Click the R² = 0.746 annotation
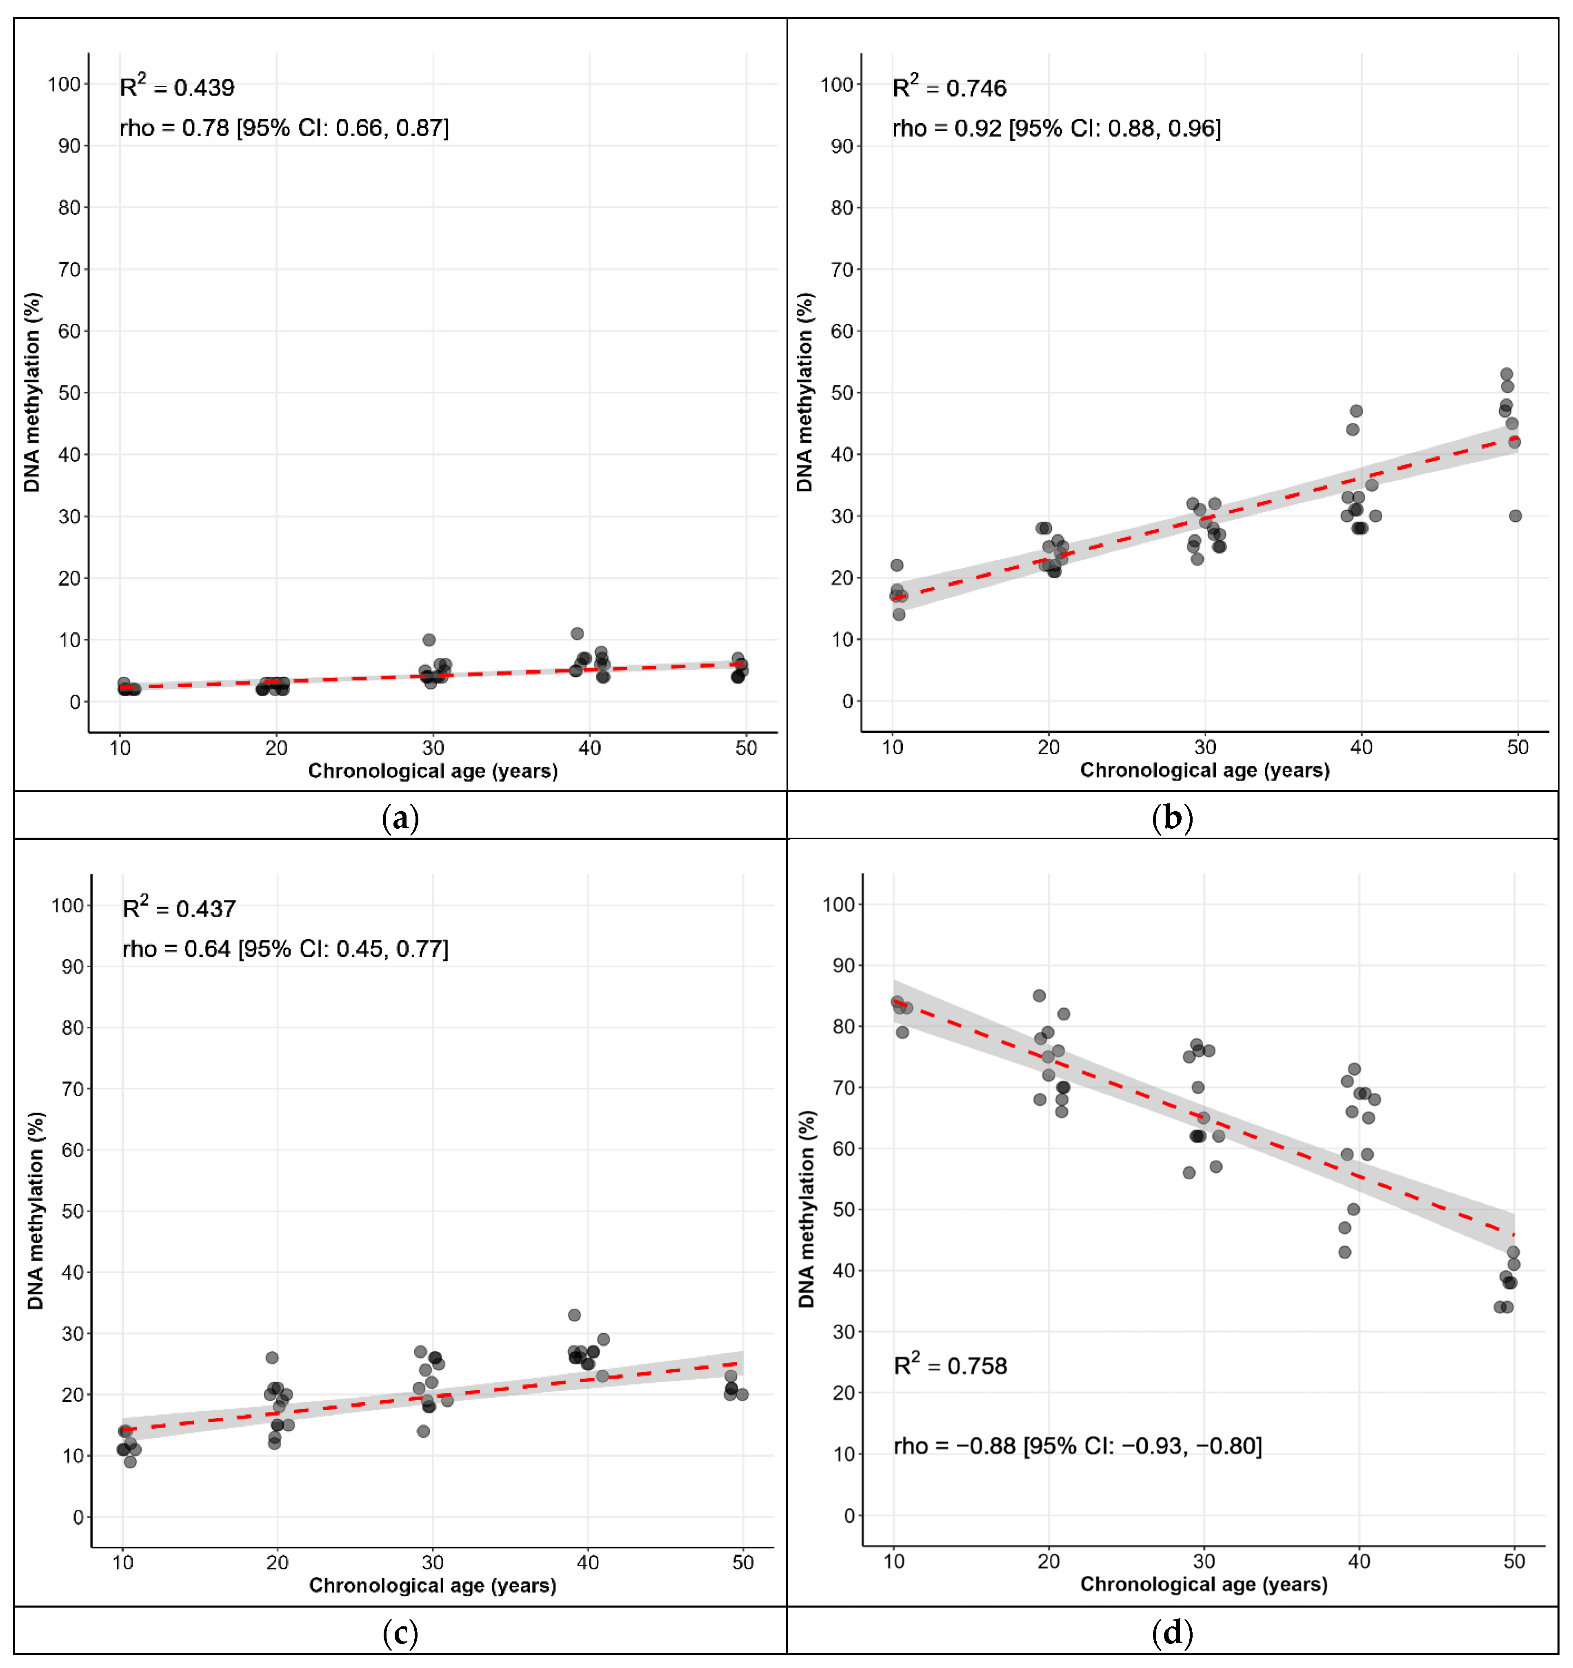[x=949, y=87]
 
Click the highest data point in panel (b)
[x=1507, y=374]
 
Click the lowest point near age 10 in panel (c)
[x=130, y=1461]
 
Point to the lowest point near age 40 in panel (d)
[x=1345, y=1252]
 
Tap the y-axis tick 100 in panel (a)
[x=64, y=84]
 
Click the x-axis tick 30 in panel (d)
[x=1204, y=1561]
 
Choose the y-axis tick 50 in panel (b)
[x=842, y=393]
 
